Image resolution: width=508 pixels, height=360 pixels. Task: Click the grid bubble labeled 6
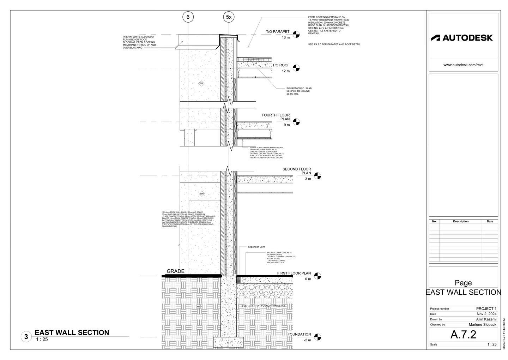coord(188,17)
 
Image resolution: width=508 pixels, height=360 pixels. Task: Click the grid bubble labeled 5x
coord(229,17)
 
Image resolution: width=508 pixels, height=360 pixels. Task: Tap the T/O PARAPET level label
coord(278,32)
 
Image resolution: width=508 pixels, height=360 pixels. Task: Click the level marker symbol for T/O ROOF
coord(296,68)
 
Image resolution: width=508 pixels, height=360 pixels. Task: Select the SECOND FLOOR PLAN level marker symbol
coord(317,176)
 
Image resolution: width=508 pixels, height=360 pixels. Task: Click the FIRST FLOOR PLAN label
coord(294,273)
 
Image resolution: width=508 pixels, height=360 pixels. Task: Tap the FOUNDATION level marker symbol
coord(317,337)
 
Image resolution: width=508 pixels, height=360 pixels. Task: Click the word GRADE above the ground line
coord(175,271)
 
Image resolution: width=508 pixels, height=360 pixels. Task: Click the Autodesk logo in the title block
coord(462,38)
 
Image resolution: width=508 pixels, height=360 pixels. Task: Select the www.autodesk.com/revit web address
coord(463,65)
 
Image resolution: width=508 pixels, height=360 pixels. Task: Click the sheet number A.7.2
coord(463,335)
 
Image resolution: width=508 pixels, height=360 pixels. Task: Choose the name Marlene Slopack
coord(482,324)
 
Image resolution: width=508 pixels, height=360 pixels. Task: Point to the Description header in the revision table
coord(461,222)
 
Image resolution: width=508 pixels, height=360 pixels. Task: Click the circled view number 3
coord(26,337)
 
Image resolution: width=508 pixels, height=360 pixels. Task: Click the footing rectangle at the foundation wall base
coord(229,342)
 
